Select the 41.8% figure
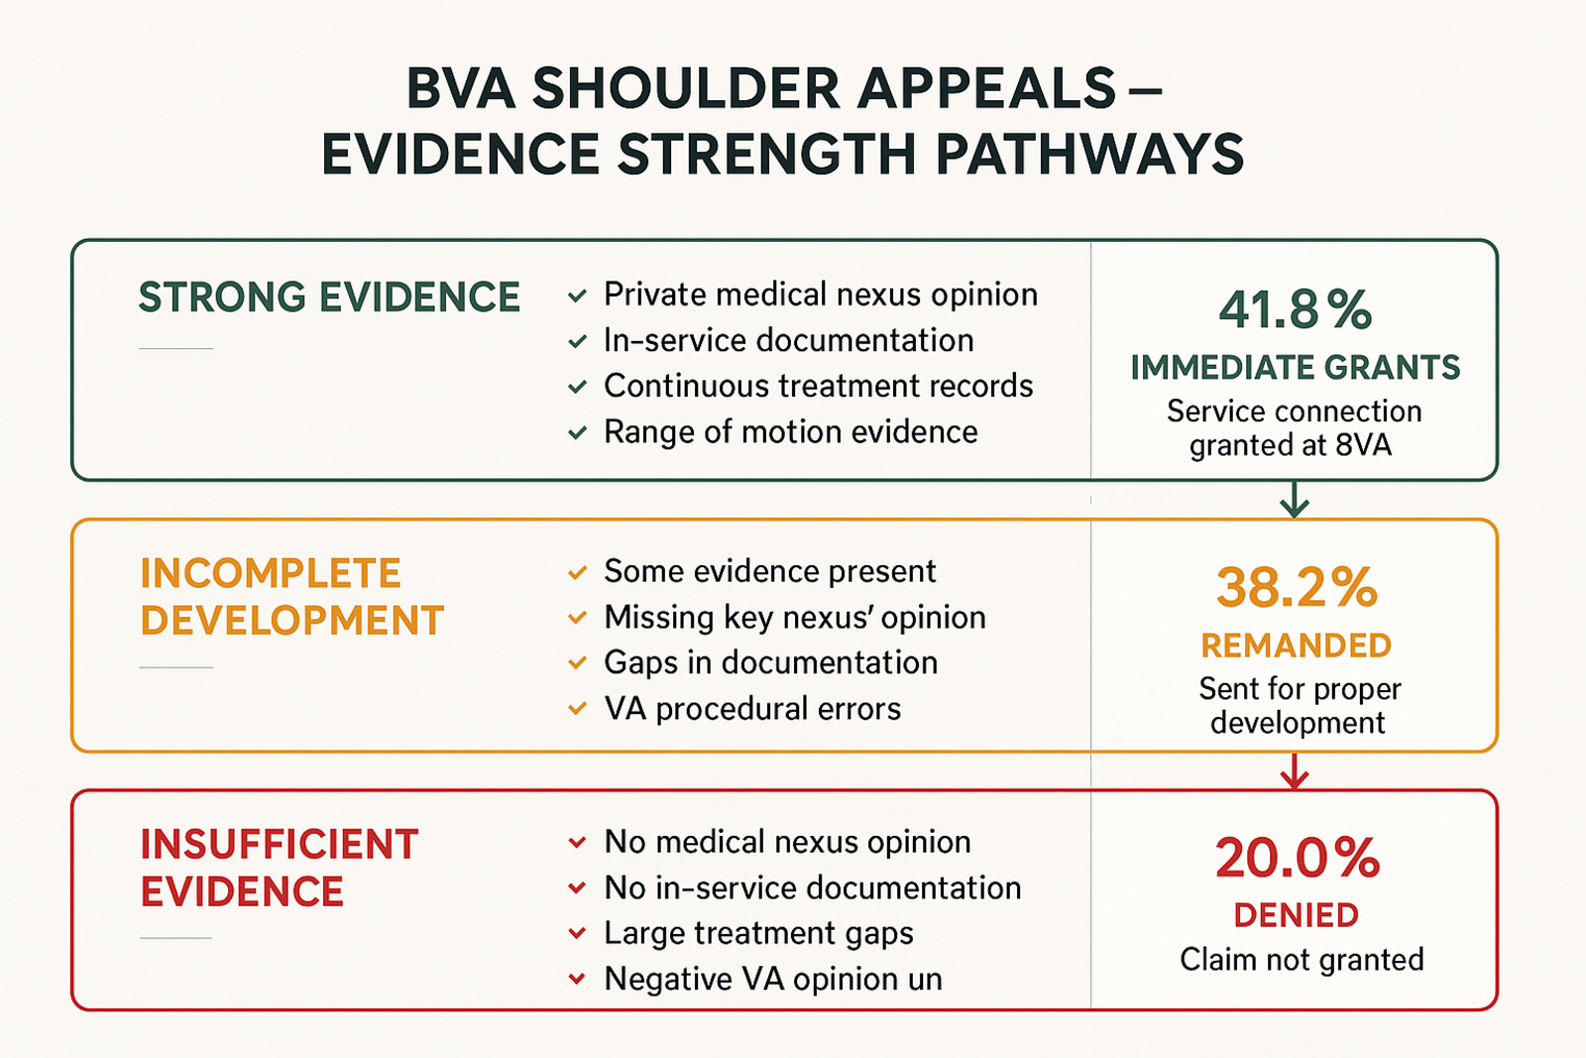(x=1295, y=310)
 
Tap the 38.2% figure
(x=1297, y=588)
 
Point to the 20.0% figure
(x=1298, y=858)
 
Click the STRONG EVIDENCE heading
(x=329, y=297)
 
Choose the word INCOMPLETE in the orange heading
(x=271, y=573)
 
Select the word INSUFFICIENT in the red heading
(x=280, y=844)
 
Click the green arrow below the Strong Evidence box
(x=1295, y=500)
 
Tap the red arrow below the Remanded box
(x=1295, y=770)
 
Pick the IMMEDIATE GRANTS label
(x=1295, y=368)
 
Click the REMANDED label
(x=1297, y=646)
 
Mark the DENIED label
(x=1297, y=915)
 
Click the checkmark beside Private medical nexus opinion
(x=577, y=296)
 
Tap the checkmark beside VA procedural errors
(x=577, y=709)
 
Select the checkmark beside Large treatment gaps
(x=577, y=934)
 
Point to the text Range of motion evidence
(x=790, y=432)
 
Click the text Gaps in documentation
(x=770, y=662)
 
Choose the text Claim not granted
(x=1302, y=960)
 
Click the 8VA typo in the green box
(x=1363, y=445)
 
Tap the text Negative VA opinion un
(x=772, y=980)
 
